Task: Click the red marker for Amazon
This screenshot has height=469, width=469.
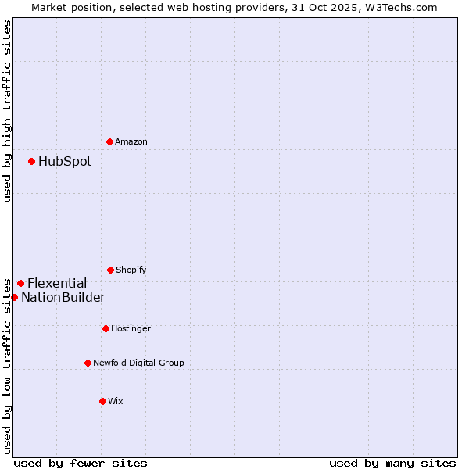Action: pos(109,141)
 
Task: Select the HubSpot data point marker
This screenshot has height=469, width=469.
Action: pos(31,161)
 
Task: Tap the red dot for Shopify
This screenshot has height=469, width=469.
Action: pos(110,270)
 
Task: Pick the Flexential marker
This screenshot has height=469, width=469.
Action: pos(20,283)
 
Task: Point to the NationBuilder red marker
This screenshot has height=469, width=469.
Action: pos(14,297)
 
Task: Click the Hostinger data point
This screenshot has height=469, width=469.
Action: pos(106,328)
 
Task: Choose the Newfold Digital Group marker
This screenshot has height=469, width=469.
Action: pos(88,363)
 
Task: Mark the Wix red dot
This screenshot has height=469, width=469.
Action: pos(102,401)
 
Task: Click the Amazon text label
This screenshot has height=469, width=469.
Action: pos(131,141)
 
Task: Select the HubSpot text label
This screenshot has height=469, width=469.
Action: pos(65,162)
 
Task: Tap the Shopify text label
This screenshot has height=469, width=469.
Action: pos(131,270)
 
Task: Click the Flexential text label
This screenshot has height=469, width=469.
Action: pos(57,284)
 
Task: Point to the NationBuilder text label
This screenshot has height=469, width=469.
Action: pos(63,298)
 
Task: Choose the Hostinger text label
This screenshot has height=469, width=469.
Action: pos(131,328)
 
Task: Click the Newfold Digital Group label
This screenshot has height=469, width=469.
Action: pos(138,363)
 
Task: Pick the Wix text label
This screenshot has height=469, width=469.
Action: pos(116,401)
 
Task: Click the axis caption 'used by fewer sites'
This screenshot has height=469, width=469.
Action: pos(81,463)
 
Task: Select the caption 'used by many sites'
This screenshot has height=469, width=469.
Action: pos(392,463)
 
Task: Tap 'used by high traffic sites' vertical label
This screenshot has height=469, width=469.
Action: pos(7,111)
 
